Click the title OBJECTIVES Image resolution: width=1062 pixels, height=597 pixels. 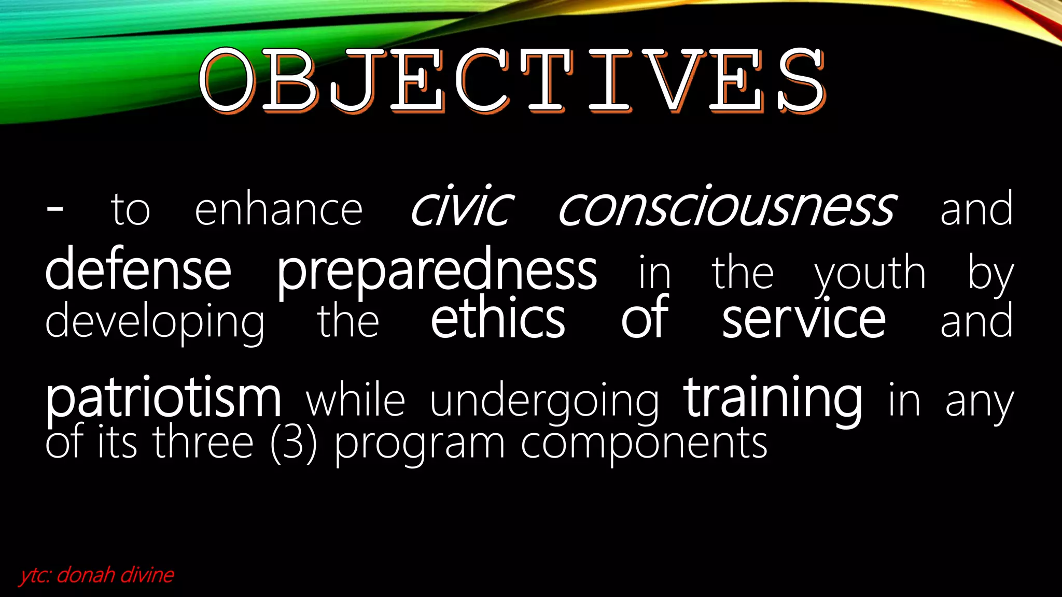tap(512, 80)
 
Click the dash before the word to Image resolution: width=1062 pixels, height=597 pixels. tap(54, 209)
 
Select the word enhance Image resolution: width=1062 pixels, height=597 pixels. tap(278, 210)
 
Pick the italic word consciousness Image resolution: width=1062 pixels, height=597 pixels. tap(726, 207)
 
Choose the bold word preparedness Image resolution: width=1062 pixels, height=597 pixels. tap(437, 272)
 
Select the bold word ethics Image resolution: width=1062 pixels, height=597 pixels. tap(498, 318)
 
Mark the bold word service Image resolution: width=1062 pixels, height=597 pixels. tap(804, 319)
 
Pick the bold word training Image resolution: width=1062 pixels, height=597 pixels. tap(773, 398)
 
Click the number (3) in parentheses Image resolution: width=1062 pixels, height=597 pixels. tap(294, 443)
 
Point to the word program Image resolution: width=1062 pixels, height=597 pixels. tap(420, 445)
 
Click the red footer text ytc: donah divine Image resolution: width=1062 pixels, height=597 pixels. tap(97, 575)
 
